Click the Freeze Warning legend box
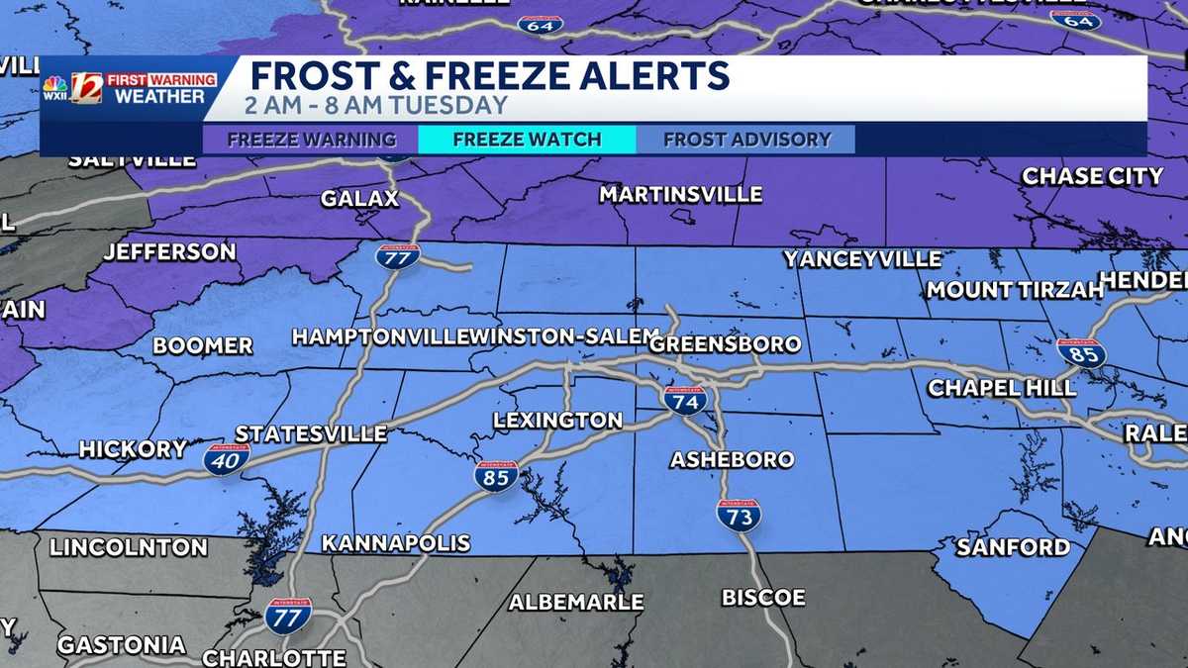(x=311, y=140)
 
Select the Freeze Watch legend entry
(x=527, y=140)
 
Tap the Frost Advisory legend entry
(x=746, y=140)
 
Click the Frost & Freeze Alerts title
(x=489, y=76)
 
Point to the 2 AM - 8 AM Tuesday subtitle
(x=378, y=105)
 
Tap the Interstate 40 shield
(x=227, y=458)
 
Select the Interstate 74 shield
(x=685, y=399)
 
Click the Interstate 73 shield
(x=739, y=515)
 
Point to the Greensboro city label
(x=725, y=344)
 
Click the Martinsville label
(x=680, y=195)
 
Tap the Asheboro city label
(x=732, y=459)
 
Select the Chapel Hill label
(x=1001, y=388)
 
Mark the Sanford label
(x=1013, y=546)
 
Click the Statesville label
(x=311, y=433)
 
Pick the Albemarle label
(x=575, y=602)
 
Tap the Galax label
(x=359, y=199)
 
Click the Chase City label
(x=1092, y=176)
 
